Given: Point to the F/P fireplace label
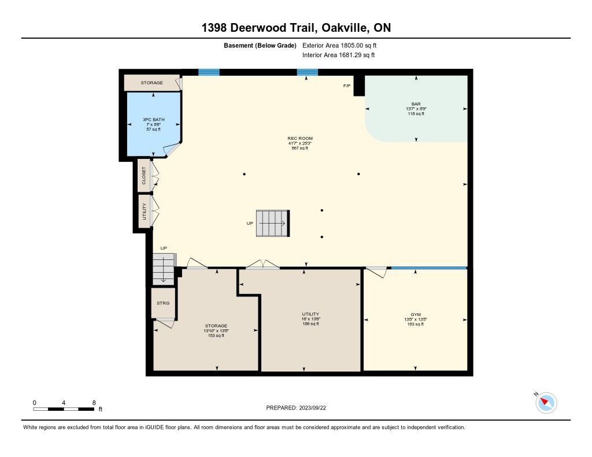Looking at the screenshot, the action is coord(347,86).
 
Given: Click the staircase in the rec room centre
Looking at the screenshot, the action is coord(273,224).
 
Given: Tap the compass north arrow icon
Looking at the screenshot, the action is coord(546,402).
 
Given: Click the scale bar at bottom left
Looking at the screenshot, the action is coord(64,409).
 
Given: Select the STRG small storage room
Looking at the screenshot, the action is coord(163,303).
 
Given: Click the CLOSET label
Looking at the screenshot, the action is coord(144,176).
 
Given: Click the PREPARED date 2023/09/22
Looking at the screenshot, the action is coord(296,407).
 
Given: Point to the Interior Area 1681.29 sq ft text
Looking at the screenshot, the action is coord(339,55).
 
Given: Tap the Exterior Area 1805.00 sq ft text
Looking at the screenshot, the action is coord(339,46).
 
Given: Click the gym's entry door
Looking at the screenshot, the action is coord(376,272).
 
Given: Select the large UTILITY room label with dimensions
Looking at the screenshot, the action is coord(310,319).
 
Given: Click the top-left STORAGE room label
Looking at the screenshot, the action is coord(152,83).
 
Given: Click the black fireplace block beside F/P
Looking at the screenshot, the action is coord(358,86).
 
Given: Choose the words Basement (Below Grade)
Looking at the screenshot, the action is coord(260,46).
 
